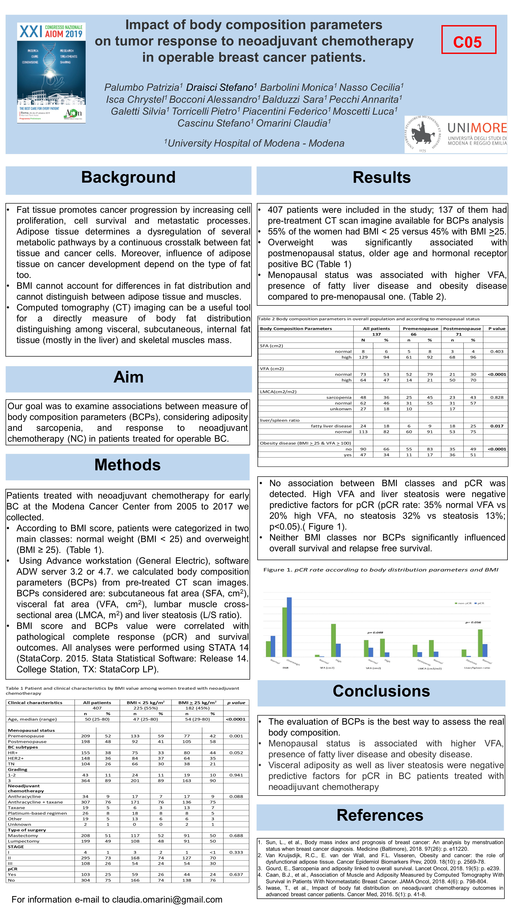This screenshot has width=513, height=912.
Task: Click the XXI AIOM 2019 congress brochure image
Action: coord(51,73)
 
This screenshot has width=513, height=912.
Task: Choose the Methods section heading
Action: coord(127,465)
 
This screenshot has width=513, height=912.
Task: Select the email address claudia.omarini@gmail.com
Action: coord(167,900)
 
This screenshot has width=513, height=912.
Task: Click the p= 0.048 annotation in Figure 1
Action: coord(375,632)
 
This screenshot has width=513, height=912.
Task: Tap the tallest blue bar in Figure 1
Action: coord(289,627)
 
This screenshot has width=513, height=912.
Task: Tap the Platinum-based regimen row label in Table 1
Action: coord(37,813)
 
